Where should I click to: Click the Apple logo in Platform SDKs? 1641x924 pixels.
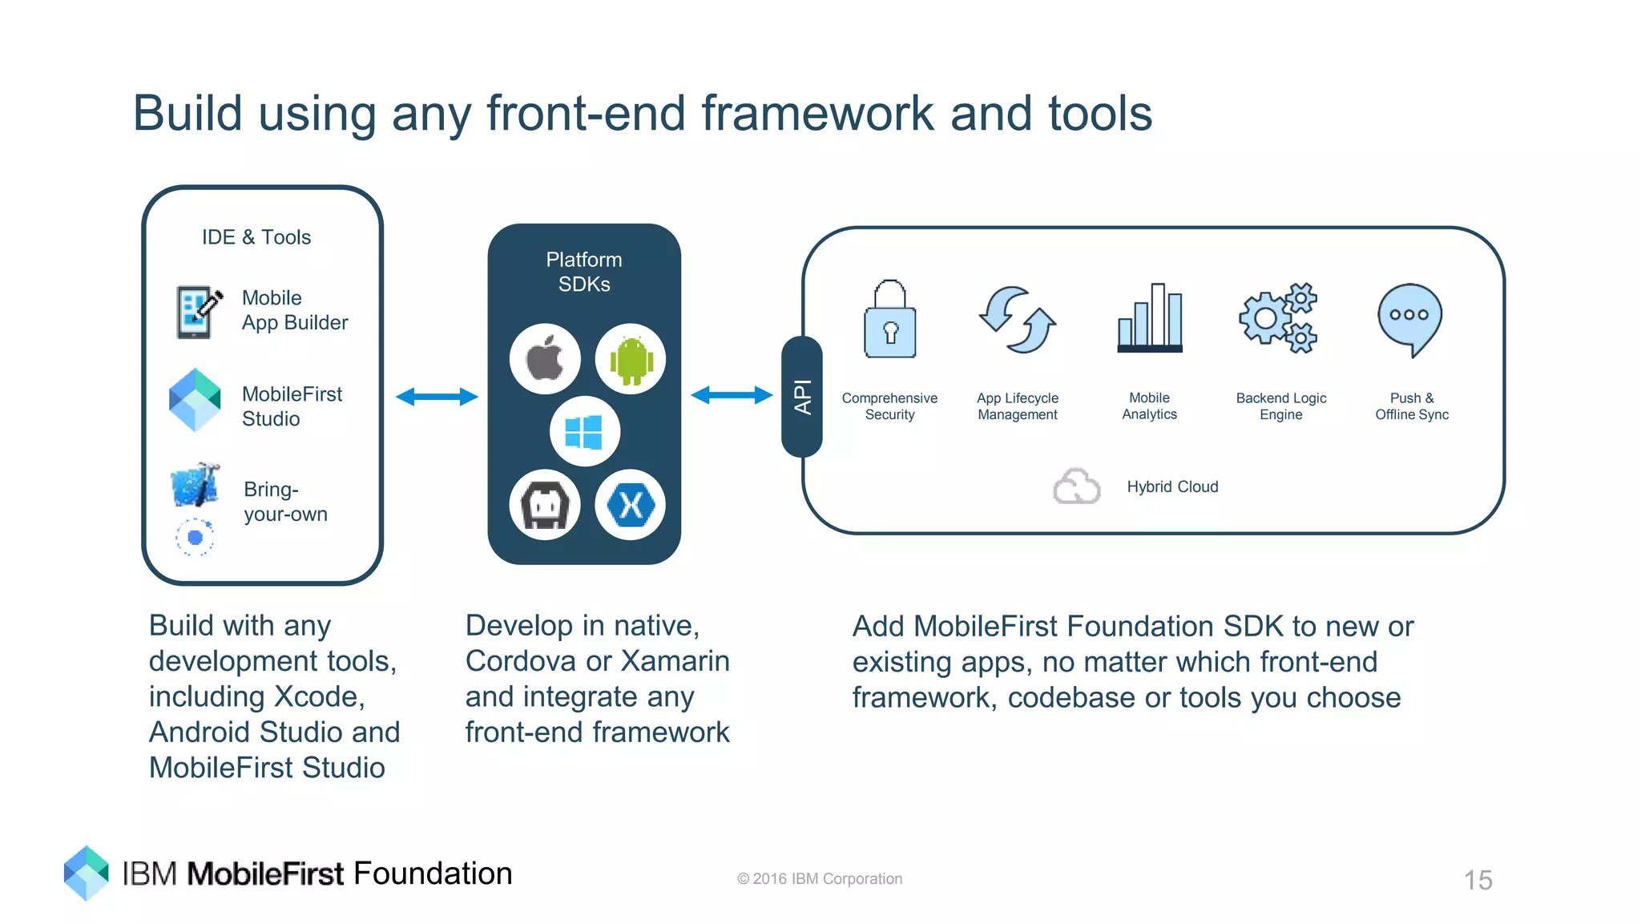point(546,359)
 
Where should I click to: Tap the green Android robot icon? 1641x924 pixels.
point(631,359)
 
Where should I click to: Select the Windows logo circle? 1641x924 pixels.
point(584,432)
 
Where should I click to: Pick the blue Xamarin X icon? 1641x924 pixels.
point(631,505)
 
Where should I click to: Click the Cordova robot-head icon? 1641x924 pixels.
point(546,505)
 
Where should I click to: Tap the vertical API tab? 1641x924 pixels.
point(802,397)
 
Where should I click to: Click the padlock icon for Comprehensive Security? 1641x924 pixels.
point(889,320)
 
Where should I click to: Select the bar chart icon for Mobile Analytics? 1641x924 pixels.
point(1150,318)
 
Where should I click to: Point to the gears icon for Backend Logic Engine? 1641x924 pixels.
point(1279,318)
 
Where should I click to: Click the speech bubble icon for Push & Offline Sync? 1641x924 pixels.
point(1409,319)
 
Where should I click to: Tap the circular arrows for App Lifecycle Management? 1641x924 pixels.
point(1017,320)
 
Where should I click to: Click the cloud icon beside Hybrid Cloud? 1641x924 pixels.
point(1076,486)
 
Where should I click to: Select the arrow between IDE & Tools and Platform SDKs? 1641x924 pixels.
point(437,397)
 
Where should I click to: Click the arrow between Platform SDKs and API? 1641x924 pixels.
point(731,395)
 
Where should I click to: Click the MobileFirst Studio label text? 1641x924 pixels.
point(292,406)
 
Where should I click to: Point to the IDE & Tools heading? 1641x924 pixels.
point(256,237)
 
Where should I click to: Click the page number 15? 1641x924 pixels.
point(1478,880)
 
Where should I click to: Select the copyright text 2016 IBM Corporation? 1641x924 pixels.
point(820,879)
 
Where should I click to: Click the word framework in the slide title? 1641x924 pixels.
point(817,113)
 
